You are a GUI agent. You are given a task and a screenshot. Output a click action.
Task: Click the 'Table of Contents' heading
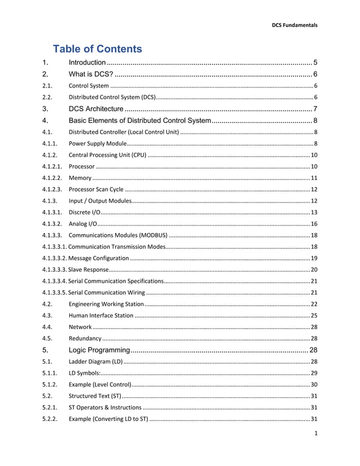tap(97, 49)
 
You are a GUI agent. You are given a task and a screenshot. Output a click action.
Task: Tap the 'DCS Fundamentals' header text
tap(295, 25)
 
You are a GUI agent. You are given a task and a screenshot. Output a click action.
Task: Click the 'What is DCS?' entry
tap(90, 74)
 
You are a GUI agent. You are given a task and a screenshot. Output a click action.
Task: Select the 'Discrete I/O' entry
tap(85, 212)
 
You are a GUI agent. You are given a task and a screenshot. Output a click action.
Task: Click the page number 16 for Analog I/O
tap(314, 224)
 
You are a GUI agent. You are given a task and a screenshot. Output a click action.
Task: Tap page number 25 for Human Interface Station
tap(314, 315)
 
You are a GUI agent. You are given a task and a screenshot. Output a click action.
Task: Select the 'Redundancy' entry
tap(85, 338)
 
